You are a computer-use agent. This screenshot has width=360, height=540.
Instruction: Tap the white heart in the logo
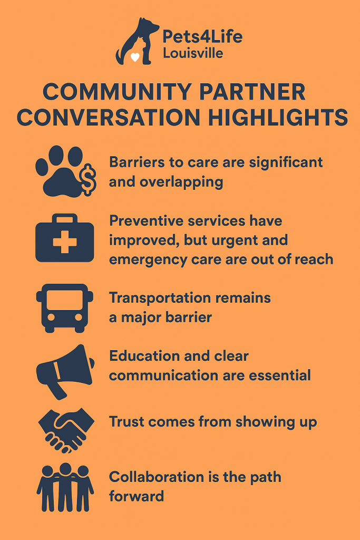[x=135, y=57]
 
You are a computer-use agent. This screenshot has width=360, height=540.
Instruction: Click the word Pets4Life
[x=202, y=37]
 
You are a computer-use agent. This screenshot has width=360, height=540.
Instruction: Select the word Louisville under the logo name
[x=193, y=53]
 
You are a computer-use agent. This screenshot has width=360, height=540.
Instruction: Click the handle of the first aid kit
[x=65, y=218]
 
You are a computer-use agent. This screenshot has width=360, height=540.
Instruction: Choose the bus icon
[x=65, y=307]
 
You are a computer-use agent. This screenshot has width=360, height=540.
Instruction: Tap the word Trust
[x=125, y=421]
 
